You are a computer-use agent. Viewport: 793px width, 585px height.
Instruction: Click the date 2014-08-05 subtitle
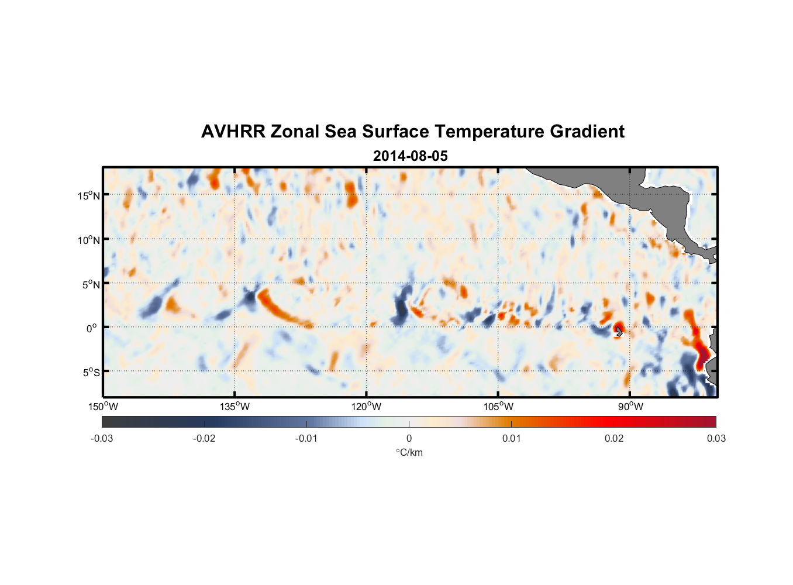coord(410,156)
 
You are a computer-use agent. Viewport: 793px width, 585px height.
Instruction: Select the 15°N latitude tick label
coord(88,195)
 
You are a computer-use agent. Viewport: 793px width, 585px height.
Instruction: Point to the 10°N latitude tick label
coord(88,240)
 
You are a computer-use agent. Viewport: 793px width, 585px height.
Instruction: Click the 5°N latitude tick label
coord(91,284)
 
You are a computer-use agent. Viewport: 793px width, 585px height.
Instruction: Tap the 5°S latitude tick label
coord(91,372)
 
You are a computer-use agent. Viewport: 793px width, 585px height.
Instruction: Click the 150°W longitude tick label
coord(104,407)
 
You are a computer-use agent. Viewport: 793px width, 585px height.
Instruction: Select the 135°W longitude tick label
coord(235,407)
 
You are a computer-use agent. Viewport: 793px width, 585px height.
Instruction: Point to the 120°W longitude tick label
coord(367,407)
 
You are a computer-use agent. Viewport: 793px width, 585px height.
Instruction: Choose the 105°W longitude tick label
coord(498,407)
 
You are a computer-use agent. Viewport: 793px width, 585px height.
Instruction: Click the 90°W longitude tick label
coord(630,407)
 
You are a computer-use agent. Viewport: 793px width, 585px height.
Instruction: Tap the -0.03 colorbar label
coord(102,439)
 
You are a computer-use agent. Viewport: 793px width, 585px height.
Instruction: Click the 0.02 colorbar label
coord(614,439)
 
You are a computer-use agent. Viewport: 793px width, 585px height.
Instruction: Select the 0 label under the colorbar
coord(409,439)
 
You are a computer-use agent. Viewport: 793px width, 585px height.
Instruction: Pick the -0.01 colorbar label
coord(306,439)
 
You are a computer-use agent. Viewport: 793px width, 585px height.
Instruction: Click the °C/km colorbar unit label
coord(409,453)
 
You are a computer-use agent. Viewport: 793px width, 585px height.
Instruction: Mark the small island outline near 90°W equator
coord(619,331)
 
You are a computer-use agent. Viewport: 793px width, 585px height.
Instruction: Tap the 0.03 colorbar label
coord(716,439)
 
